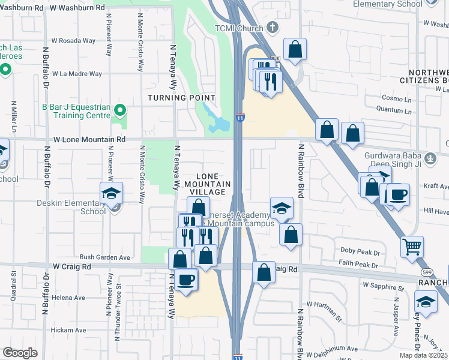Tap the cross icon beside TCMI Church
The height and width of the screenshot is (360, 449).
tap(272, 28)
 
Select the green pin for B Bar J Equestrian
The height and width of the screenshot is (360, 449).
tap(120, 110)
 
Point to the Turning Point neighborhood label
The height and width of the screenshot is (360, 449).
tap(182, 98)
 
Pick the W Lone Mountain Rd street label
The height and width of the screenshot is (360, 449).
tap(89, 139)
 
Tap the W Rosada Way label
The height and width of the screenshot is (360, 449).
tap(73, 41)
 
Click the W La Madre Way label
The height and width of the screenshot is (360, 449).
tap(77, 74)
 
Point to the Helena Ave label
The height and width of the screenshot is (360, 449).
tap(68, 297)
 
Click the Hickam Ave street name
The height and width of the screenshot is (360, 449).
tap(68, 330)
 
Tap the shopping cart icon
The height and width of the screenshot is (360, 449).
tap(412, 245)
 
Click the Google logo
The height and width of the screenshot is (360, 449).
tap(20, 353)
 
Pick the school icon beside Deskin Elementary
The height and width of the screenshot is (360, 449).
tap(111, 193)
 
